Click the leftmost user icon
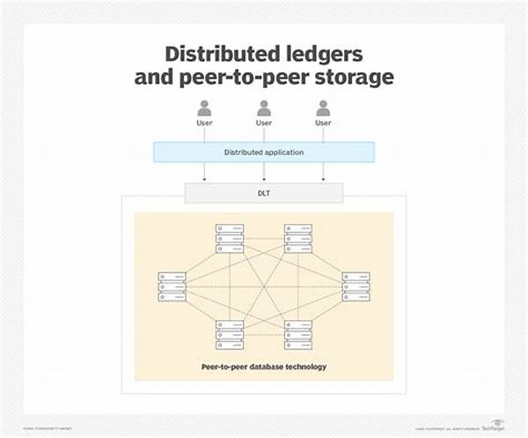(x=205, y=108)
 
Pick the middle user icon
(x=264, y=108)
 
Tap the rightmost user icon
(x=323, y=108)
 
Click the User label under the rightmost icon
(x=323, y=123)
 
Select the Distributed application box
(x=264, y=152)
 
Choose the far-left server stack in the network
(x=172, y=286)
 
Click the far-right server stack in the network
(x=356, y=286)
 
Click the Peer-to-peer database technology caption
(x=264, y=367)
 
